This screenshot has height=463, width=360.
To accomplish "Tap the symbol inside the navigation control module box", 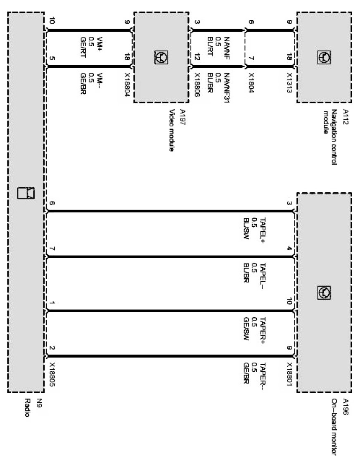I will coord(323,57).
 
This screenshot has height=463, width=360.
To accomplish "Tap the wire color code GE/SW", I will coord(246,328).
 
